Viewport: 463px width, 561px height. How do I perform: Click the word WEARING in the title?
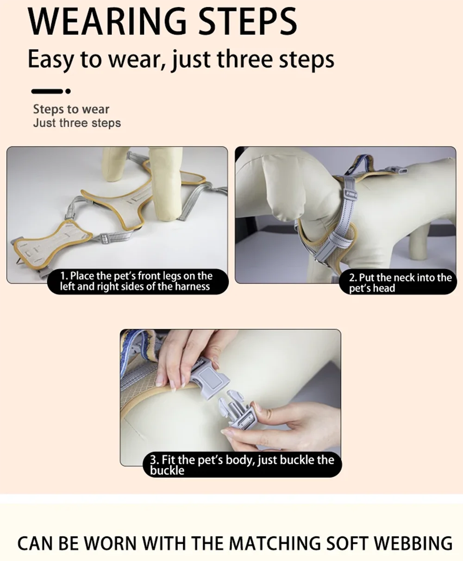(x=107, y=21)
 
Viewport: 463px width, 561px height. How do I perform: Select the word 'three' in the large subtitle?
(x=244, y=59)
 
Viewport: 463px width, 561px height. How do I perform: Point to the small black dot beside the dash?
(x=68, y=92)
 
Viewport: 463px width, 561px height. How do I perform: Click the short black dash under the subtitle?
(x=47, y=92)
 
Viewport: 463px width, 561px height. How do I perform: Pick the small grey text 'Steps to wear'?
(x=71, y=109)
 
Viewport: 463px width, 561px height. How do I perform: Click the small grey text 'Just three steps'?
(x=77, y=123)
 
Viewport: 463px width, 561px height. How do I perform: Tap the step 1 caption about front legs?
(x=136, y=281)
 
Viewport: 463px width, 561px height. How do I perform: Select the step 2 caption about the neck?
(x=400, y=283)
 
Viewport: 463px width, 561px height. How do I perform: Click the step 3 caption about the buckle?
(x=242, y=465)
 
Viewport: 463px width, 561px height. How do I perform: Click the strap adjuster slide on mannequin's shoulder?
(x=351, y=195)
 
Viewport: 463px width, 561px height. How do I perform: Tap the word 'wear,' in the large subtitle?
(x=137, y=59)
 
